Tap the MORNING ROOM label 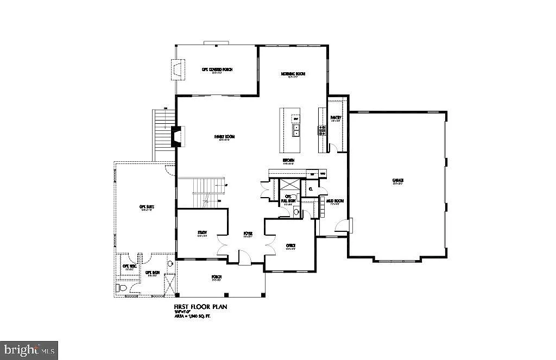point(293,74)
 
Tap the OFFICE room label point(290,245)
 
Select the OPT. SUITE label point(144,207)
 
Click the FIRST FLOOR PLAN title point(200,307)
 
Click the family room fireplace point(177,136)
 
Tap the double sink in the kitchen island point(296,130)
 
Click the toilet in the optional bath point(121,288)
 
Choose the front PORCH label point(217,277)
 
